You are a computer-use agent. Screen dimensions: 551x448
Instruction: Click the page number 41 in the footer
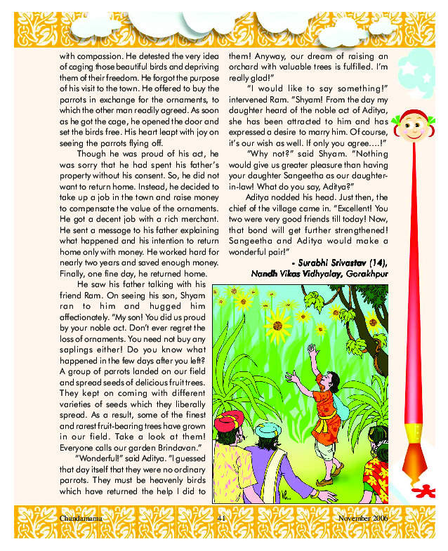220,517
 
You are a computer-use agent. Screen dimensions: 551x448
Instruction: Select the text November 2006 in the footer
362,517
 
